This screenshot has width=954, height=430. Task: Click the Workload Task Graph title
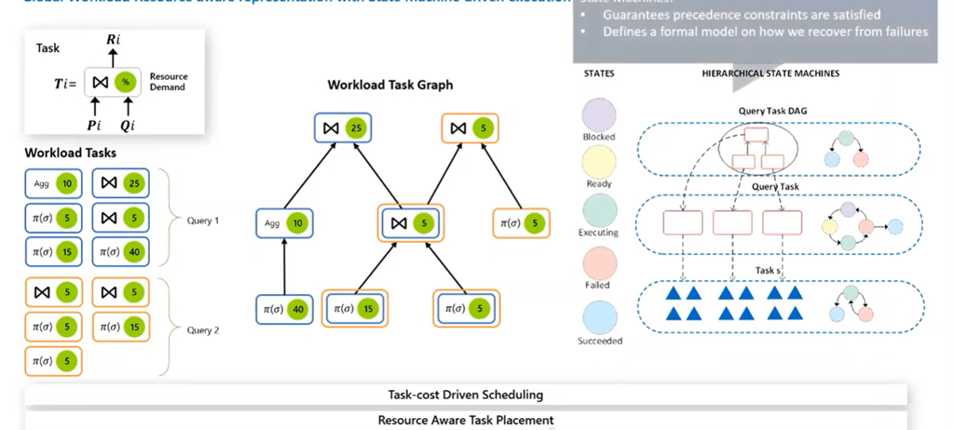[390, 85]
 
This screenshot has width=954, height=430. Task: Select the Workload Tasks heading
[71, 153]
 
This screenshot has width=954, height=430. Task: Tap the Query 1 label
[204, 222]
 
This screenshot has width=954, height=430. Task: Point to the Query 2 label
[204, 329]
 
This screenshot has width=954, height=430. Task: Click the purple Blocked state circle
[598, 114]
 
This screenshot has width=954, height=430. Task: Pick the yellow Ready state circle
[598, 162]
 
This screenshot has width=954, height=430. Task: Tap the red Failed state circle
[598, 262]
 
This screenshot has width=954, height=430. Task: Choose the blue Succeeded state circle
[598, 316]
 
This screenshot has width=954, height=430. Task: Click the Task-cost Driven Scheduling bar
[465, 395]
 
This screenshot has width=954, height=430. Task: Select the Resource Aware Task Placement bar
[465, 420]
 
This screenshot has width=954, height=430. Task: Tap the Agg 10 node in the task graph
[284, 223]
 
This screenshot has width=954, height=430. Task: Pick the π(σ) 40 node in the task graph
[284, 309]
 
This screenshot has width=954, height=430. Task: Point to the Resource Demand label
[169, 82]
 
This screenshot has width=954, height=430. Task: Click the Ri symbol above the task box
[113, 39]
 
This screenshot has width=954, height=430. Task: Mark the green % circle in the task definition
[125, 82]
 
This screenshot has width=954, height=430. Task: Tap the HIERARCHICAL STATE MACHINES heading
[770, 73]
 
